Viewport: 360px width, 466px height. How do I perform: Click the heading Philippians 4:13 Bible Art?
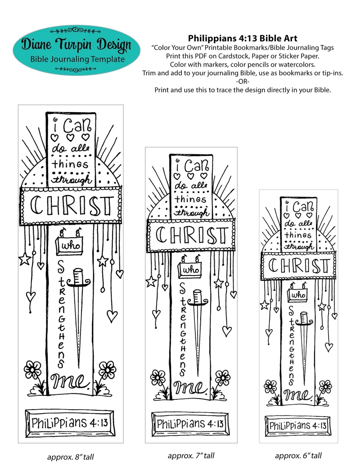(x=243, y=38)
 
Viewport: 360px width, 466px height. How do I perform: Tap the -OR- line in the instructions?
(x=243, y=81)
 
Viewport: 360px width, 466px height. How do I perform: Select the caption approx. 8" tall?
(x=71, y=457)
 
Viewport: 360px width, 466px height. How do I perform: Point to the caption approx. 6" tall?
(x=298, y=455)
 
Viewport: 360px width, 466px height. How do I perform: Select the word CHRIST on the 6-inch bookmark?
(x=299, y=266)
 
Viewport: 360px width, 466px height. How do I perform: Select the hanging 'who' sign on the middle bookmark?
(x=189, y=269)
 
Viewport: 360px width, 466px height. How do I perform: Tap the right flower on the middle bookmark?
(x=222, y=377)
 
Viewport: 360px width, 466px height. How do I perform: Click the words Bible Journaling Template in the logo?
(x=72, y=59)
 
